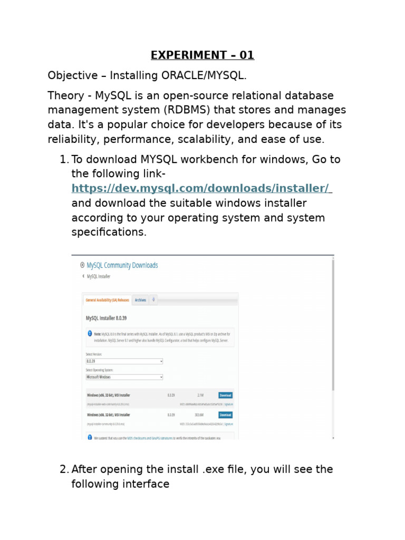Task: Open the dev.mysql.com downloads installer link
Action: (200, 188)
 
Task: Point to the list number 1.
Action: (64, 159)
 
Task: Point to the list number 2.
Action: (64, 469)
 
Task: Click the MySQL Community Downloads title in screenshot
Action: (122, 265)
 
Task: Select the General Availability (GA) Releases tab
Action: (108, 300)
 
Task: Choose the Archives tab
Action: (140, 300)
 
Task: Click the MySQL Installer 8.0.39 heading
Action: (106, 318)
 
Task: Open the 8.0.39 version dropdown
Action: (124, 361)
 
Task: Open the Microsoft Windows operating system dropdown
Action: (124, 377)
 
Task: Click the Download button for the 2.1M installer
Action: (225, 395)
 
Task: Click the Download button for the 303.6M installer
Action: (225, 415)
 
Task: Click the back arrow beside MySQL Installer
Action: (82, 276)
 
